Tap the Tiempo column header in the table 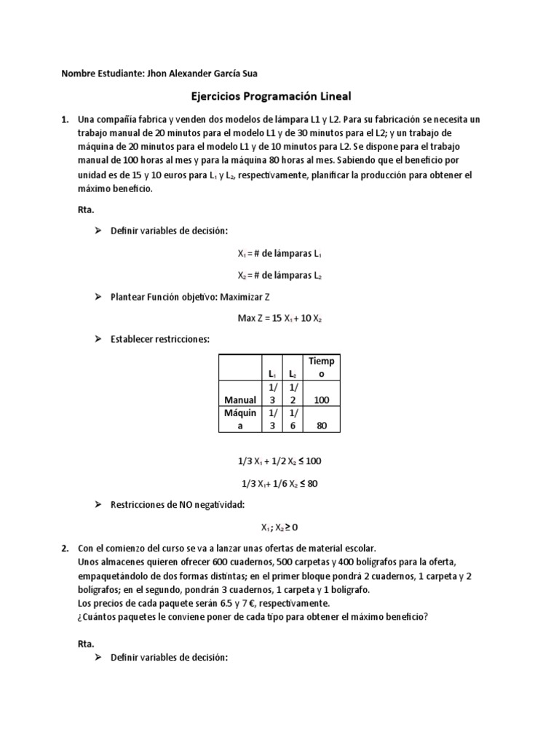321,367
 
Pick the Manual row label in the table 239,399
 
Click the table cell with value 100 321,399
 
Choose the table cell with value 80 321,426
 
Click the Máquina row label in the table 239,420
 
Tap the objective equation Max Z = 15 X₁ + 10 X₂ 279,318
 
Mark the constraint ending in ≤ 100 279,461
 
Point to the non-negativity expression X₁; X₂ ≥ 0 279,527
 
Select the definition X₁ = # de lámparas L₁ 279,254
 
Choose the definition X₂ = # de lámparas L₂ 279,276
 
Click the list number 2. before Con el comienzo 66,548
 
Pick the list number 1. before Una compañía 66,119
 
